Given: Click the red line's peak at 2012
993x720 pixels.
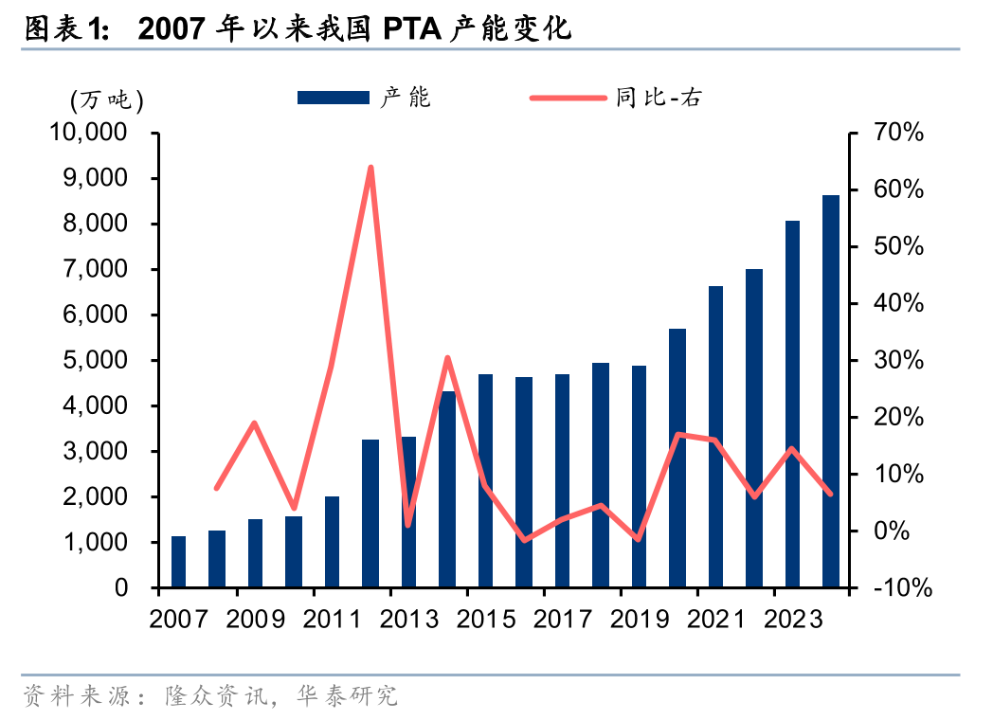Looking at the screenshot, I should [x=370, y=168].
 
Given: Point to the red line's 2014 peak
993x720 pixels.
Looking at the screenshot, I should [x=447, y=358].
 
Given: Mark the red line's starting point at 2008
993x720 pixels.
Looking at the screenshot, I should [x=217, y=488].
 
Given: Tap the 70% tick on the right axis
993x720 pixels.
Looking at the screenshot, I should [x=898, y=133].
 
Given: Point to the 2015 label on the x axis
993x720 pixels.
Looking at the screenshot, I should [x=485, y=620].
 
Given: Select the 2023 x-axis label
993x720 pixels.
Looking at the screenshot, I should [x=791, y=620].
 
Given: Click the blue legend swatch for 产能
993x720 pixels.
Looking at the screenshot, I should [x=333, y=98].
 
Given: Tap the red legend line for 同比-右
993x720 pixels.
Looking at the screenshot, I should [x=567, y=98].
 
